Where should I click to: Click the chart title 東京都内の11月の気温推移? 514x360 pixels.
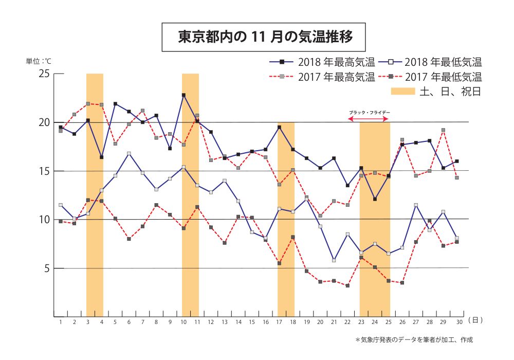pyautogui.click(x=264, y=38)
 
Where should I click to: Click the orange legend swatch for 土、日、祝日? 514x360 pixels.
pyautogui.click(x=403, y=92)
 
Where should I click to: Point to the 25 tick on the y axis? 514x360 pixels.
pyautogui.click(x=44, y=74)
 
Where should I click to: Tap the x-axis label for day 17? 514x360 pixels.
pyautogui.click(x=279, y=322)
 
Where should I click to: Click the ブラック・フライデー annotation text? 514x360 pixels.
pyautogui.click(x=369, y=112)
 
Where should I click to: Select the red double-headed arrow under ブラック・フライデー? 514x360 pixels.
pyautogui.click(x=369, y=119)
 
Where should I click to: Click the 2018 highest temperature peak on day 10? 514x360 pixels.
pyautogui.click(x=183, y=95)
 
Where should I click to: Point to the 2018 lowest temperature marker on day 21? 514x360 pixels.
pyautogui.click(x=334, y=260)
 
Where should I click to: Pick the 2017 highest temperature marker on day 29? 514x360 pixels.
pyautogui.click(x=443, y=130)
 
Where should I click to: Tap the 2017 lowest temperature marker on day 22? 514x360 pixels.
pyautogui.click(x=347, y=285)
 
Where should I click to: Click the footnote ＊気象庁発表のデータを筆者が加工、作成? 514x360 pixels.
pyautogui.click(x=414, y=340)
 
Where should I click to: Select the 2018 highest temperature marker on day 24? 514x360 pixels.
pyautogui.click(x=375, y=199)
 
